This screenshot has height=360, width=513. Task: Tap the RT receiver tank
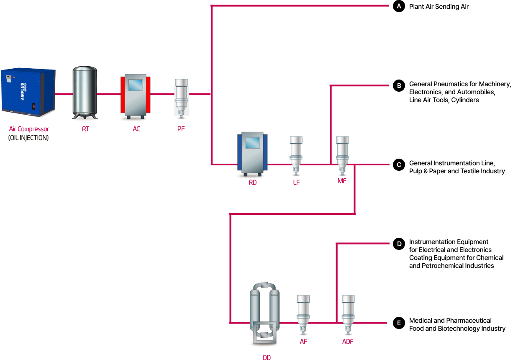click(x=85, y=92)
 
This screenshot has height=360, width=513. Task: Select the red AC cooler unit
click(x=136, y=95)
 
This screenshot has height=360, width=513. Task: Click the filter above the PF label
click(x=181, y=98)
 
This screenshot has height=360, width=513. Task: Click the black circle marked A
click(x=399, y=6)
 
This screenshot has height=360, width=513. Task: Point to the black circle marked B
click(x=399, y=86)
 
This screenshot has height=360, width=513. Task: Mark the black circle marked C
click(x=399, y=165)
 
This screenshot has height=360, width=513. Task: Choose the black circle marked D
click(x=399, y=244)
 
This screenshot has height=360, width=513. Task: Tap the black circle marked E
click(x=399, y=323)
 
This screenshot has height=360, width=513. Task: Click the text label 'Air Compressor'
click(x=29, y=129)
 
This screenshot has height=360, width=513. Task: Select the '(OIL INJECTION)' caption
click(x=28, y=137)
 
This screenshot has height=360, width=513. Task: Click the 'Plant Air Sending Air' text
click(x=439, y=7)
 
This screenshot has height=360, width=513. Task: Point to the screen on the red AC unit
click(x=136, y=85)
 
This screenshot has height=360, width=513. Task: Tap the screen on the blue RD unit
click(x=252, y=143)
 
